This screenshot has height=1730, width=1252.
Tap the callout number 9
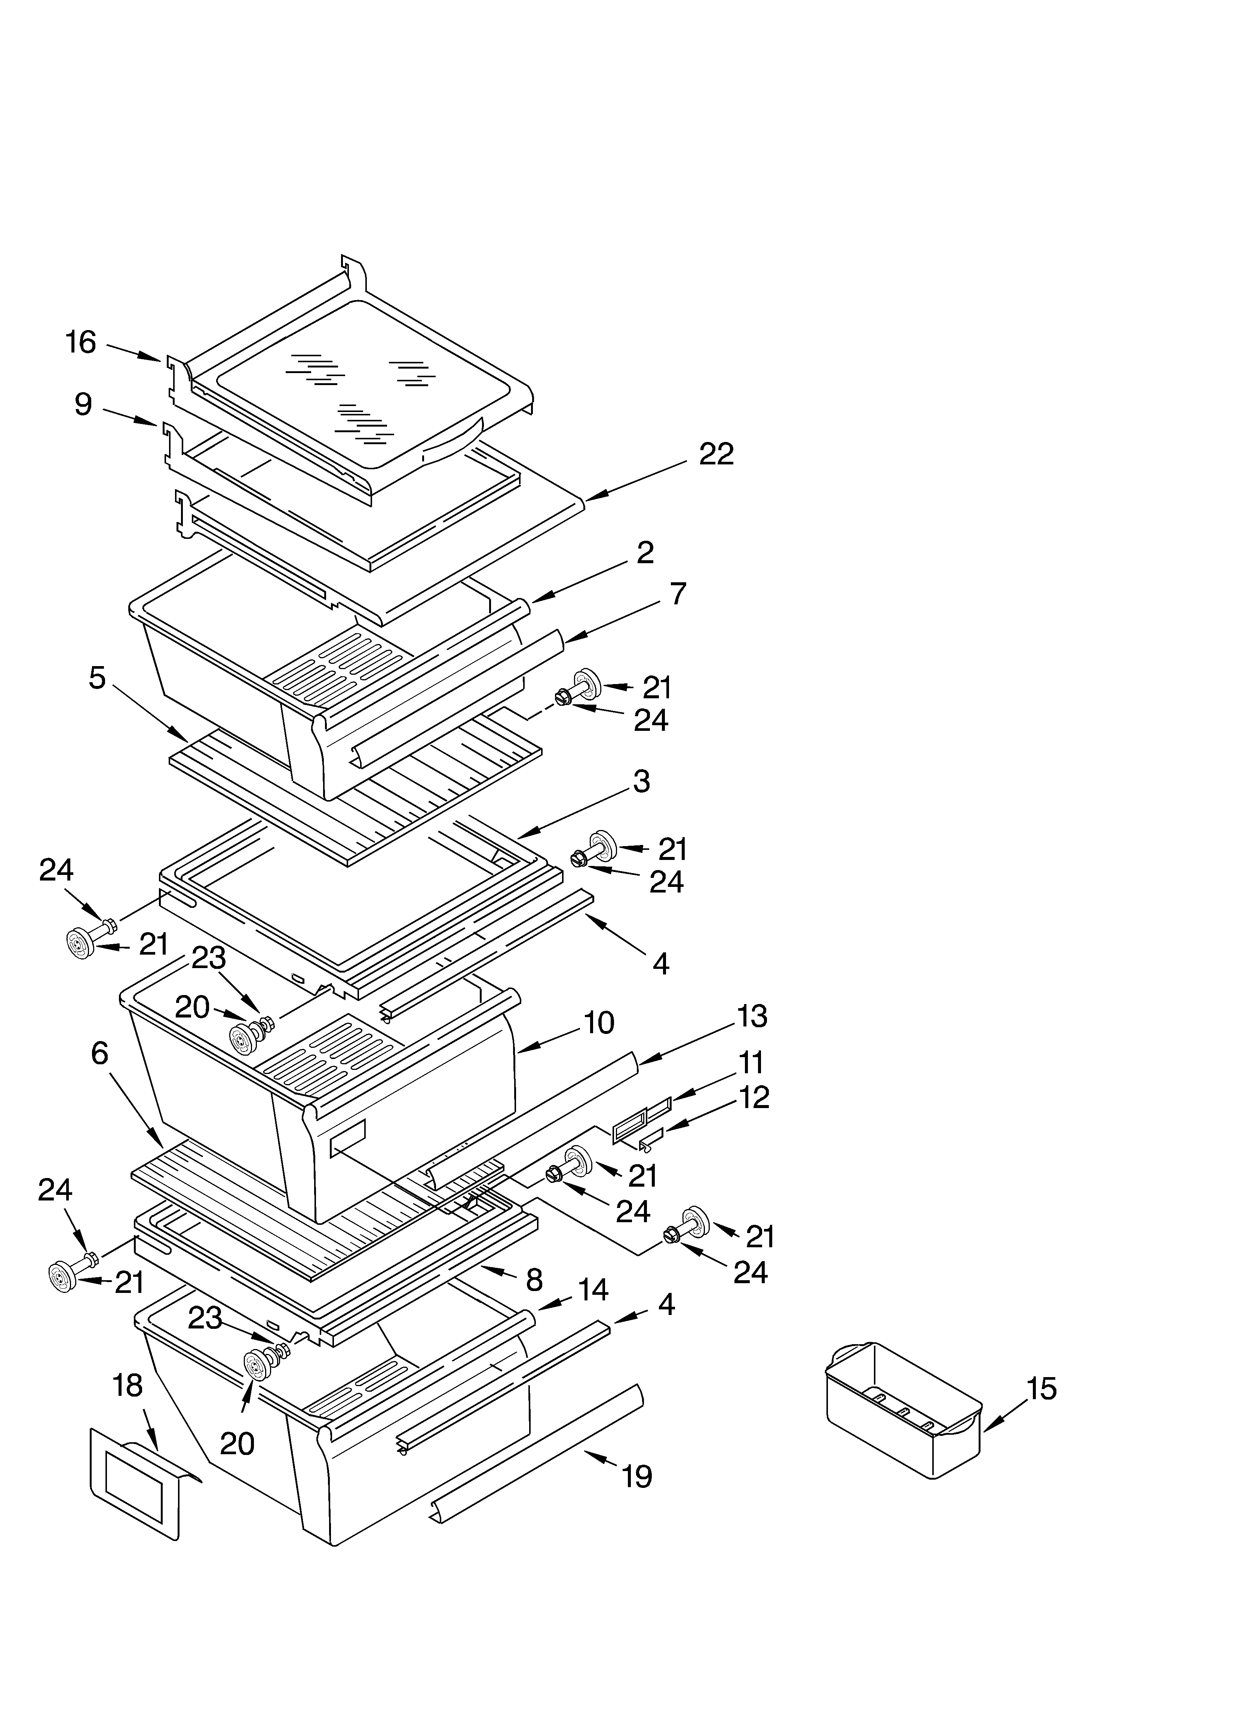click(83, 404)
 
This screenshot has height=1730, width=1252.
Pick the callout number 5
click(97, 677)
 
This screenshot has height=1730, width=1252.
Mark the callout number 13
click(752, 1016)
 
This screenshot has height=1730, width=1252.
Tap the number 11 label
click(751, 1062)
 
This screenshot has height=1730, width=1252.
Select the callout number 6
click(99, 1053)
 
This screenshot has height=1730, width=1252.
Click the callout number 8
click(534, 1279)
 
